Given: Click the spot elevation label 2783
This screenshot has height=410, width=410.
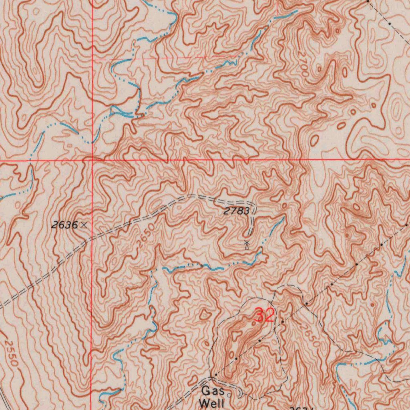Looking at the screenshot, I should click(x=236, y=211).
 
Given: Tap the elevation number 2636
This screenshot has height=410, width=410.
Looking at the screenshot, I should click(x=64, y=225).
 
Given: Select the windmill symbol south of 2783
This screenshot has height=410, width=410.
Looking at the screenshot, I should click(x=247, y=245).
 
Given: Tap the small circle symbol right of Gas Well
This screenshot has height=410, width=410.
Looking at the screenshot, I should click(x=229, y=394).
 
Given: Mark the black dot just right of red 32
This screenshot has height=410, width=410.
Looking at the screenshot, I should click(x=282, y=322).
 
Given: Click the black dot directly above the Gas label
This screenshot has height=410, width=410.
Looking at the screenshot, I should click(x=216, y=375).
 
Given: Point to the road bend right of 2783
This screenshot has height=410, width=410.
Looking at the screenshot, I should click(x=252, y=212).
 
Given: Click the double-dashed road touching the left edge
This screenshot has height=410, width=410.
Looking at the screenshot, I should click(x=8, y=302).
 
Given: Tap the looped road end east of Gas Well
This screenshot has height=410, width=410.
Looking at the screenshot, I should click(x=240, y=394).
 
